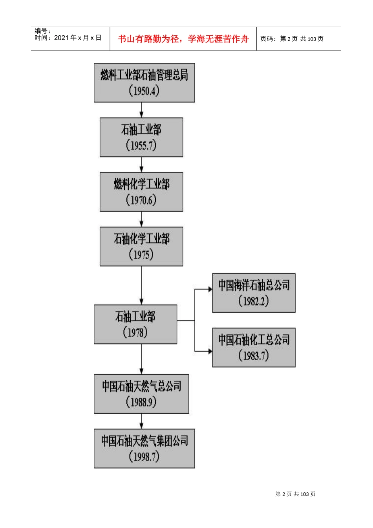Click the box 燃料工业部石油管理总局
(x=144, y=82)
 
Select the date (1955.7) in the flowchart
(x=141, y=146)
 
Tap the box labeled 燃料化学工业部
(x=141, y=192)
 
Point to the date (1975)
(x=141, y=255)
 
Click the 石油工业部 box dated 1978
(x=135, y=324)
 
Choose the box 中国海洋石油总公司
(x=254, y=293)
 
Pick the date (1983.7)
(x=254, y=356)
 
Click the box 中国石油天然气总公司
(x=141, y=394)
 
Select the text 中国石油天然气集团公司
(x=144, y=441)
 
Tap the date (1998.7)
(x=144, y=456)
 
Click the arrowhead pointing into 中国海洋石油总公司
(x=210, y=289)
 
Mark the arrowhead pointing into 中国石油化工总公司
(x=210, y=351)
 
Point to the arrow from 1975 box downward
(x=142, y=285)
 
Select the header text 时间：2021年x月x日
(x=68, y=38)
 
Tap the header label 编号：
(x=42, y=31)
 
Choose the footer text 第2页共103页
(x=295, y=494)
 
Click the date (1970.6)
(x=141, y=200)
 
